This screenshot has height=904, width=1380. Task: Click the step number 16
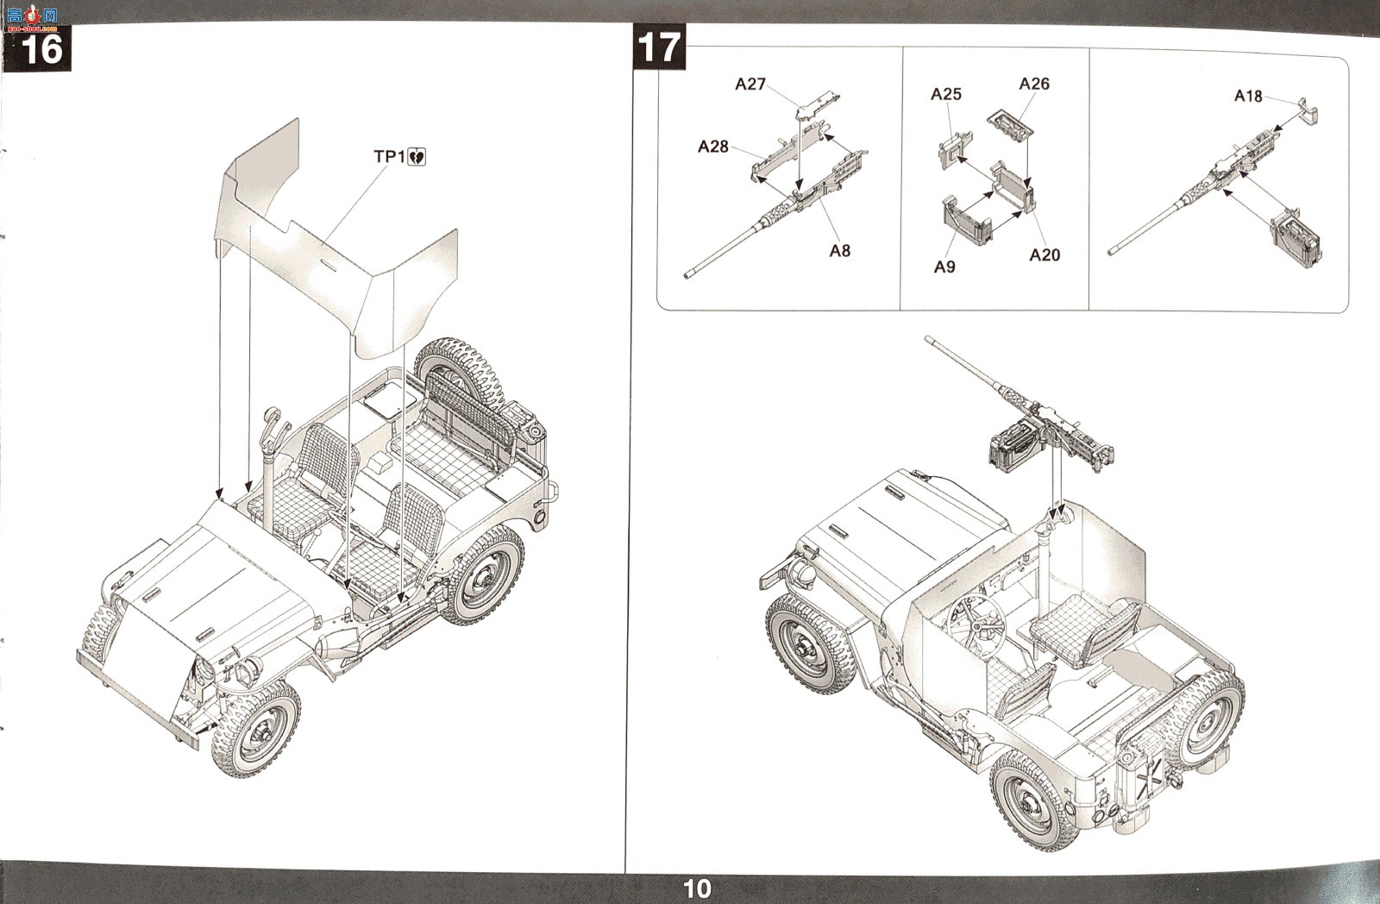click(42, 48)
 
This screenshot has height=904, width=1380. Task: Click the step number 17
click(659, 47)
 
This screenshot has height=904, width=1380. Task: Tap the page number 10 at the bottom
click(697, 889)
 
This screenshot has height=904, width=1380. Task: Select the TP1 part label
click(389, 156)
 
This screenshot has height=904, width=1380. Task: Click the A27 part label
click(750, 84)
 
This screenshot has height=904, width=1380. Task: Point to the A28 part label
click(712, 147)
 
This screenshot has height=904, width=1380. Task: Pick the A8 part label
click(840, 251)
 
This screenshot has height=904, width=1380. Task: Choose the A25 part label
click(945, 94)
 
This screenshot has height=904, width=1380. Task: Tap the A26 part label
click(1034, 84)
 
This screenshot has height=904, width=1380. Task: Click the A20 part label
click(1044, 255)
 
